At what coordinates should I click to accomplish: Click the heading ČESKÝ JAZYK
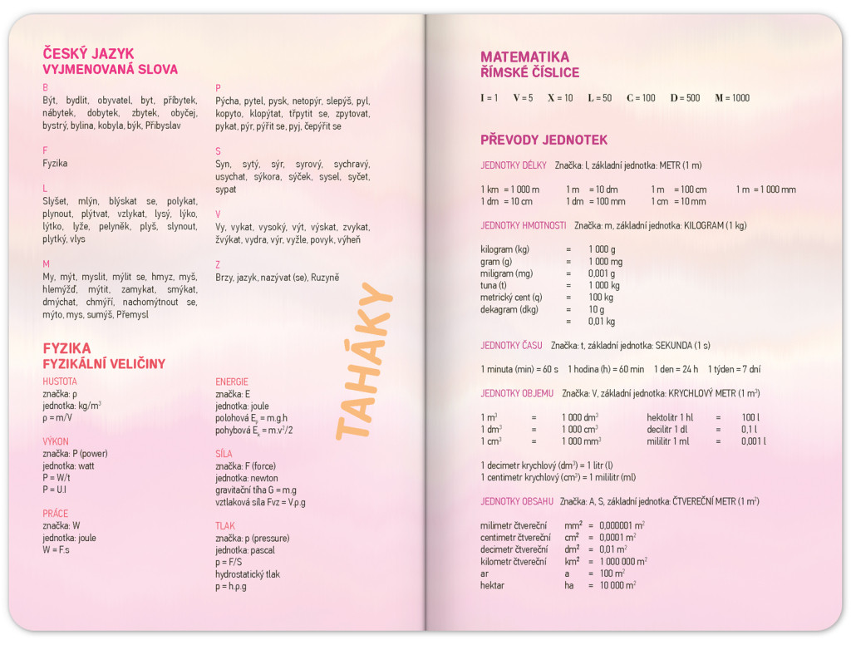coord(88,54)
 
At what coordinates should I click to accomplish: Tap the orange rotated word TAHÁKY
coord(365,361)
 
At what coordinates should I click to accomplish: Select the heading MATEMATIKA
coord(524,57)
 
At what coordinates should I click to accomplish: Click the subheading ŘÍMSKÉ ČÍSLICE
coord(529,72)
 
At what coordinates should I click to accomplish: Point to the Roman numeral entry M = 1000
coord(731,98)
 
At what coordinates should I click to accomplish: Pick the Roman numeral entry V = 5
coord(523,98)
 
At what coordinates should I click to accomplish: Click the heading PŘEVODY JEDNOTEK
coord(544,140)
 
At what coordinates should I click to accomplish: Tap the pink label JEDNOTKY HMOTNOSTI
coord(524,225)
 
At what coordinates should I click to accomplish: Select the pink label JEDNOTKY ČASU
coord(511,345)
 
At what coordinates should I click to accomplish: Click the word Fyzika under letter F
coord(55,164)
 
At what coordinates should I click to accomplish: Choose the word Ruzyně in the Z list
coord(325,278)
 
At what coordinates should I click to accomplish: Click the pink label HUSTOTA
coord(60,382)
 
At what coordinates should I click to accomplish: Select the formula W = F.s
coord(57,550)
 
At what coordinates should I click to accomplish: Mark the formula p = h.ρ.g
coord(231,586)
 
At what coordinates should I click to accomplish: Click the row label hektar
coord(493,585)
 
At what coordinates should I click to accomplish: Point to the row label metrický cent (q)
coord(511,297)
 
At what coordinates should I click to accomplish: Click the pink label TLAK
coord(225,526)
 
